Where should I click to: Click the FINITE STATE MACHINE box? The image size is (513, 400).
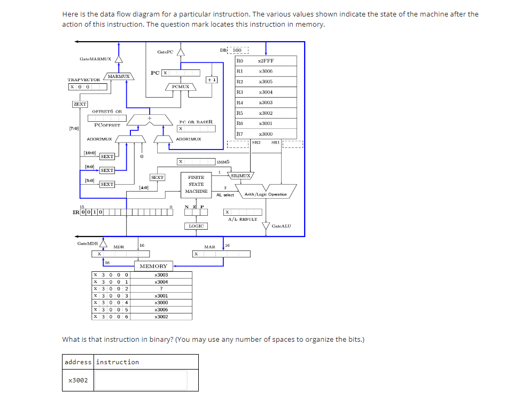coord(196,184)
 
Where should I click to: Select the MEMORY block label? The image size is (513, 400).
coord(153,266)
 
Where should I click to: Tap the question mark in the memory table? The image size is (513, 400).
coord(161,289)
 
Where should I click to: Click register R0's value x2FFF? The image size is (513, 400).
coord(266,61)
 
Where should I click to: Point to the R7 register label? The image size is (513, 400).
coord(240,134)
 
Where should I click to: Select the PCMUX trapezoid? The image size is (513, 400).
coord(181,87)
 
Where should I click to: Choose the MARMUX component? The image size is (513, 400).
coord(119,77)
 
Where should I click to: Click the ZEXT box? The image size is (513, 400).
coord(80,104)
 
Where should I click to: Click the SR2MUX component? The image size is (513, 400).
coord(241,175)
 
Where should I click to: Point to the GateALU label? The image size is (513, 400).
coord(282,226)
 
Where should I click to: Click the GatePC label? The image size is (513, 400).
coord(165,52)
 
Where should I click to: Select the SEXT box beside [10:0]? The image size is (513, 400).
coord(107,156)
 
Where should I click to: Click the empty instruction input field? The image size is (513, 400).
coord(142,380)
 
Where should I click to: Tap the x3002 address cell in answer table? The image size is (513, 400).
coord(78,380)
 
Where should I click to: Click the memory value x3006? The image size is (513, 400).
coord(161,310)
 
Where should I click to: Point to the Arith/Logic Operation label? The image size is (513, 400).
coord(266,194)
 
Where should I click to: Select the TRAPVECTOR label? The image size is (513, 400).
coord(84,80)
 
